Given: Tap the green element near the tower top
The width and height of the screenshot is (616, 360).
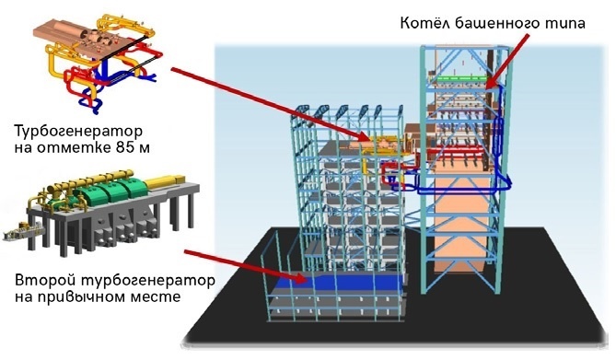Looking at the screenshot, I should pyautogui.click(x=460, y=80).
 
